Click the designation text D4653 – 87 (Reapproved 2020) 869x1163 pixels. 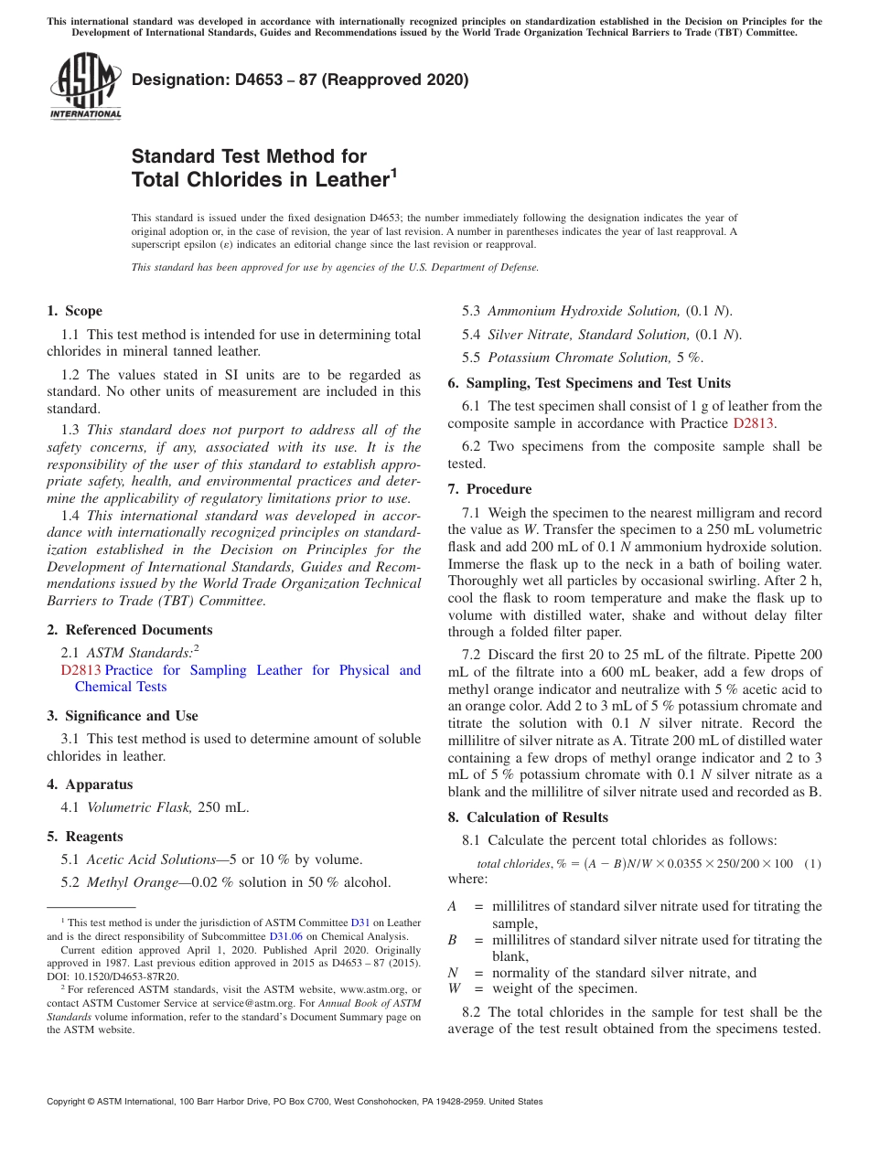(x=300, y=80)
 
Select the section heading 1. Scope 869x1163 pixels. (x=75, y=311)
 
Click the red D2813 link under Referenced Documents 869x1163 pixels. (x=80, y=670)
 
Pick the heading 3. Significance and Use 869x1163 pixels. (x=123, y=716)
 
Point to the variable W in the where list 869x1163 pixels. (x=454, y=988)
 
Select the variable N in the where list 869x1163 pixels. (x=453, y=973)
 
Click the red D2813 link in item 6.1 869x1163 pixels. (x=754, y=423)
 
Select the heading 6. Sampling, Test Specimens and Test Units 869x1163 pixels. (x=589, y=383)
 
